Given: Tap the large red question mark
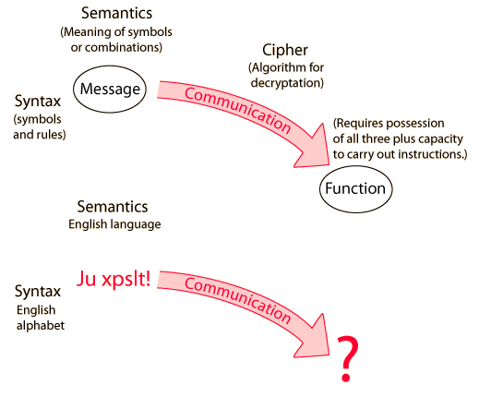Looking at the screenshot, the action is (x=348, y=359).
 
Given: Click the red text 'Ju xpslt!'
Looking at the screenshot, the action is (x=114, y=280).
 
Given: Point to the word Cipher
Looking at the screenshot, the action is (x=285, y=50).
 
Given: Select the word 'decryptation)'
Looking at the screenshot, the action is (x=287, y=83).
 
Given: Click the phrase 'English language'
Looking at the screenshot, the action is (x=114, y=224).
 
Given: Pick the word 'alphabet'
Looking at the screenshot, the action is (x=41, y=325).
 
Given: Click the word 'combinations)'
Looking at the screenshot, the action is (x=124, y=47).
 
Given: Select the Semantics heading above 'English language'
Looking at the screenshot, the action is (x=113, y=207).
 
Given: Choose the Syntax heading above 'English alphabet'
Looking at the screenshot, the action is (x=38, y=292).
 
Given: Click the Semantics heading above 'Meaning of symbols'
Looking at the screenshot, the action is (x=116, y=13).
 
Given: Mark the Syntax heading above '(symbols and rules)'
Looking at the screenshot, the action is (x=38, y=102).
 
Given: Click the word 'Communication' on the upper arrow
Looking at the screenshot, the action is (x=237, y=110).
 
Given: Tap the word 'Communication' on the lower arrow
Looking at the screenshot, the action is (x=237, y=300).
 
